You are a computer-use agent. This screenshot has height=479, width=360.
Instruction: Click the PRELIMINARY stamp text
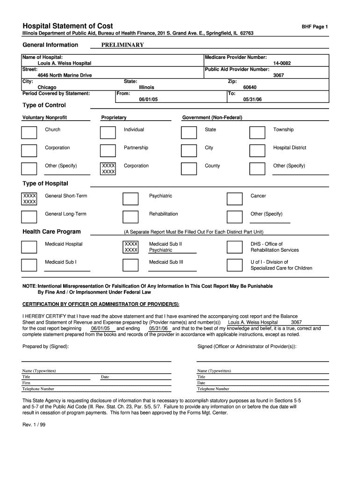(x=122, y=45)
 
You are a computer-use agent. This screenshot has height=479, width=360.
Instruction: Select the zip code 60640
(x=250, y=87)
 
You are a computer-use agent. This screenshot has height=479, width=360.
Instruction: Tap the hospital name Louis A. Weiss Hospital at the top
(x=64, y=63)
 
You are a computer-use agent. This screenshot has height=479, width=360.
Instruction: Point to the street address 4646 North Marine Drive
(x=65, y=75)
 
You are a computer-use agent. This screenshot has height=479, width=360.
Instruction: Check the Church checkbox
(x=29, y=132)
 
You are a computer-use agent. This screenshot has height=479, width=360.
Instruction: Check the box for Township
(x=257, y=132)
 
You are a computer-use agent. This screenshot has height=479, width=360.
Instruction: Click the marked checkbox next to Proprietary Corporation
(x=108, y=169)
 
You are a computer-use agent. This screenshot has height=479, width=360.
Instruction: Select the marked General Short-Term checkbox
(x=29, y=199)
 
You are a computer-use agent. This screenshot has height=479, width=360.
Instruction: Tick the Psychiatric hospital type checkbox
(x=130, y=199)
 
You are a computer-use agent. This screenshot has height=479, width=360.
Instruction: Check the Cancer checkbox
(x=234, y=199)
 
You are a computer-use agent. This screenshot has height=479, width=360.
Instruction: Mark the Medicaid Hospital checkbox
(x=29, y=247)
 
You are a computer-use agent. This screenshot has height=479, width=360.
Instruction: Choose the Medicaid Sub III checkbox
(x=130, y=265)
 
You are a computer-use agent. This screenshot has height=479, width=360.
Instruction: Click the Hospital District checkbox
(x=257, y=150)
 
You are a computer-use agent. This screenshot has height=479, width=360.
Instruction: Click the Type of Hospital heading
(x=45, y=183)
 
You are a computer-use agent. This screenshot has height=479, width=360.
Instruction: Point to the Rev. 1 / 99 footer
(x=34, y=425)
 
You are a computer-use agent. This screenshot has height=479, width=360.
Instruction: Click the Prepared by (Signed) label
(x=46, y=346)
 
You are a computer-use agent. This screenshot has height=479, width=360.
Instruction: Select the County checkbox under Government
(x=188, y=168)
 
